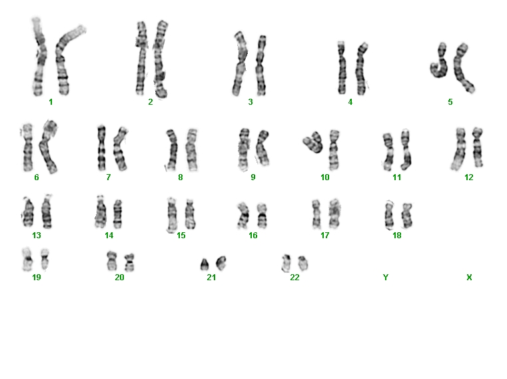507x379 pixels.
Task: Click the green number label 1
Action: (x=51, y=102)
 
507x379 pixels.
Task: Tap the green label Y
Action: (x=386, y=278)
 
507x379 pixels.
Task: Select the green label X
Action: (x=469, y=278)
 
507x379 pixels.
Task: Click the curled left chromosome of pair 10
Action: (x=313, y=142)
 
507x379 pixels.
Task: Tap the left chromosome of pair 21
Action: (x=205, y=265)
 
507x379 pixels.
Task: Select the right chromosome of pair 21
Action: (x=221, y=263)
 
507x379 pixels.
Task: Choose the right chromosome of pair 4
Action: (x=361, y=69)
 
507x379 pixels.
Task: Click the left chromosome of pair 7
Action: (x=101, y=148)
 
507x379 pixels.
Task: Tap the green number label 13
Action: (x=37, y=236)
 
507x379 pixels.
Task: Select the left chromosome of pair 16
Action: (x=243, y=216)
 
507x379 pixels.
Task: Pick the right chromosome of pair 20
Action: (x=130, y=262)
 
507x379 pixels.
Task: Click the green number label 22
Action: (x=294, y=278)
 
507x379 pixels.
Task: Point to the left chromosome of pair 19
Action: (x=27, y=260)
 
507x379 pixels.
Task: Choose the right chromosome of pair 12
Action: (x=478, y=147)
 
